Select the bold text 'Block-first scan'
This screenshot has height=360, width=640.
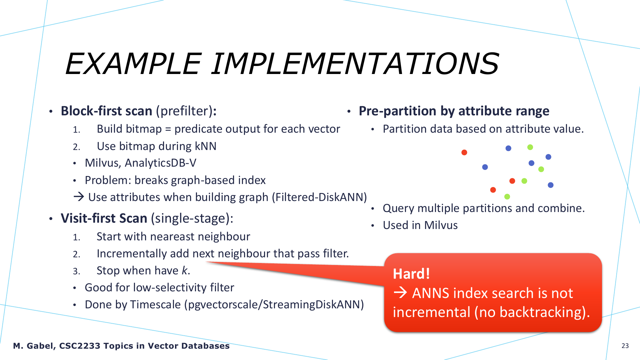106,111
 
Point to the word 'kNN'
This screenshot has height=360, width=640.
206,146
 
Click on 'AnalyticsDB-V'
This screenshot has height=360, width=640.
160,163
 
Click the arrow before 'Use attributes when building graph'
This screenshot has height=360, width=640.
79,197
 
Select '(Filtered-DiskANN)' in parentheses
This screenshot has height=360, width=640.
319,197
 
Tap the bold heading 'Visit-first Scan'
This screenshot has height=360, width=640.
104,218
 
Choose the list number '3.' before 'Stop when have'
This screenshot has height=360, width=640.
76,271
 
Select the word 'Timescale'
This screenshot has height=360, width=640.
155,305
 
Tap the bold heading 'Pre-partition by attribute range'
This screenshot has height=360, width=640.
454,111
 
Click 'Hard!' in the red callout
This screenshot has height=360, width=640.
411,274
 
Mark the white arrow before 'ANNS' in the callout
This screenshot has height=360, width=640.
400,293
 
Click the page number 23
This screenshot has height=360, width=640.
625,346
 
